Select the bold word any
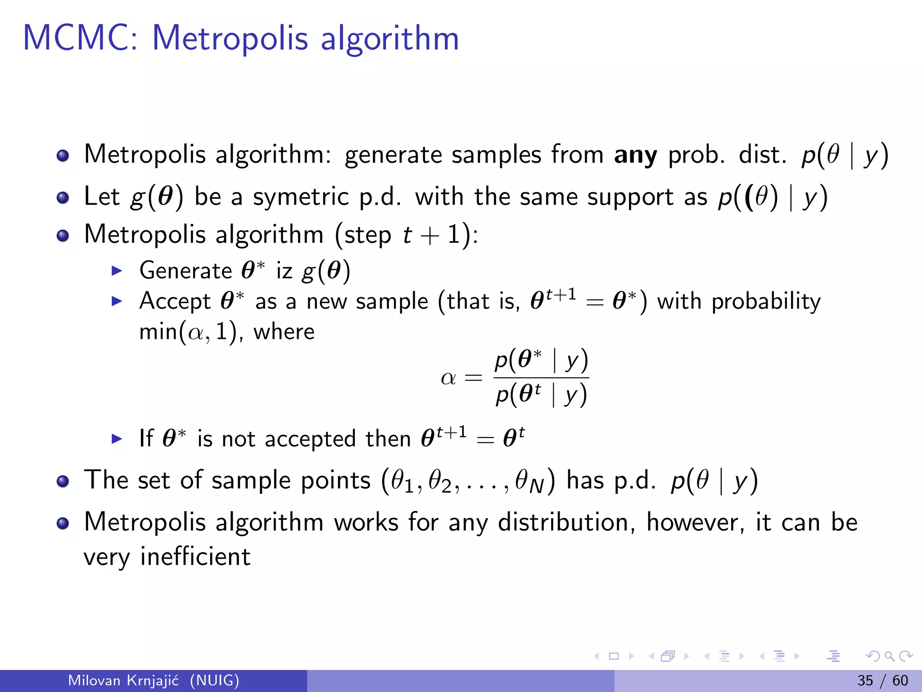click(x=635, y=155)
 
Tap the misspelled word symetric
click(x=301, y=197)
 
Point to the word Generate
click(x=185, y=271)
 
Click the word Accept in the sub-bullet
click(x=175, y=301)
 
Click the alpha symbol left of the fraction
click(x=448, y=378)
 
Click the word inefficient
click(x=195, y=557)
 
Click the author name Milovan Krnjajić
click(x=123, y=680)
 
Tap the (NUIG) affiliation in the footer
click(x=214, y=680)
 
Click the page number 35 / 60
click(x=882, y=680)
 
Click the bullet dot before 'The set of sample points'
click(x=63, y=481)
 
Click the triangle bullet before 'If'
click(x=117, y=439)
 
